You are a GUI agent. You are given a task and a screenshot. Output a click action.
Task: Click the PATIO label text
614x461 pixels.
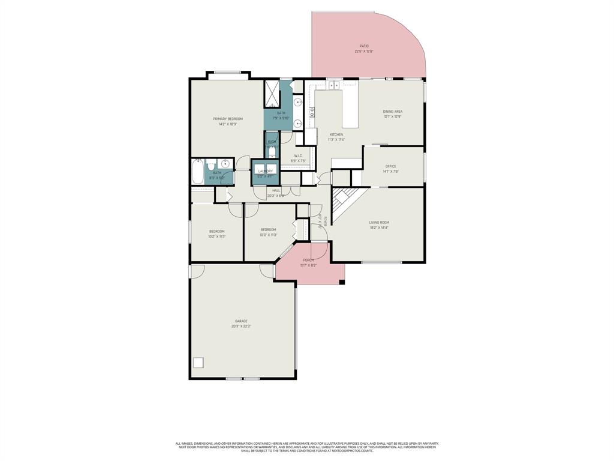pyautogui.click(x=364, y=46)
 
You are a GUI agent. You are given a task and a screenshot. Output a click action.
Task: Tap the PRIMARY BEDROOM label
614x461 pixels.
pyautogui.click(x=228, y=119)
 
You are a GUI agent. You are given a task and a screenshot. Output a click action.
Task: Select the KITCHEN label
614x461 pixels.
pyautogui.click(x=336, y=134)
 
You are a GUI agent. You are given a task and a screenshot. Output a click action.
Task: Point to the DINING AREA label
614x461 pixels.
pyautogui.click(x=393, y=112)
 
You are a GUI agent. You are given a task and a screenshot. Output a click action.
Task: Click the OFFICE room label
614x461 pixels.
pyautogui.click(x=391, y=166)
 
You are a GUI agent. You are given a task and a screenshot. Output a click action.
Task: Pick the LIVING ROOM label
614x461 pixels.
pyautogui.click(x=379, y=223)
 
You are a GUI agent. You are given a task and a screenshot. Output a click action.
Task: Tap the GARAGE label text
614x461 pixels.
pyautogui.click(x=241, y=321)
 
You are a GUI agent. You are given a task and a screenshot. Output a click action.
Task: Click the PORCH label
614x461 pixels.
pyautogui.click(x=309, y=260)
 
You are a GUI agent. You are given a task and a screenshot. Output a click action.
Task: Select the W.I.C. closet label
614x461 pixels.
pyautogui.click(x=298, y=156)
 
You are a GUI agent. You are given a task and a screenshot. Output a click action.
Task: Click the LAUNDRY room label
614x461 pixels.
pyautogui.click(x=265, y=171)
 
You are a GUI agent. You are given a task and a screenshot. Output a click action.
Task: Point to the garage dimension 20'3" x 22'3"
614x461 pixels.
pyautogui.click(x=241, y=327)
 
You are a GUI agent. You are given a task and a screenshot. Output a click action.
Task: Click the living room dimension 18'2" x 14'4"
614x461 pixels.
pyautogui.click(x=379, y=227)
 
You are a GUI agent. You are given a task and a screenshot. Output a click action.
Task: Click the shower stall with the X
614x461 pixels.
pyautogui.click(x=272, y=93)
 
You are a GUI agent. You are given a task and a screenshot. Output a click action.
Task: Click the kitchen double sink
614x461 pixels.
pyautogui.click(x=335, y=85)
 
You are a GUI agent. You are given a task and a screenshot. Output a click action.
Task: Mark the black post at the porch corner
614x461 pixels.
pyautogui.click(x=342, y=282)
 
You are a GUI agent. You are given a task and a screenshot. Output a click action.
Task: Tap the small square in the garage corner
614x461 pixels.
pyautogui.click(x=198, y=363)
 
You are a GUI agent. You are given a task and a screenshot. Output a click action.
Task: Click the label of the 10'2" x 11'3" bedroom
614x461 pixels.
pyautogui.click(x=217, y=231)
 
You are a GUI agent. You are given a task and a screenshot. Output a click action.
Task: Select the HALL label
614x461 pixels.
pyautogui.click(x=276, y=190)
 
